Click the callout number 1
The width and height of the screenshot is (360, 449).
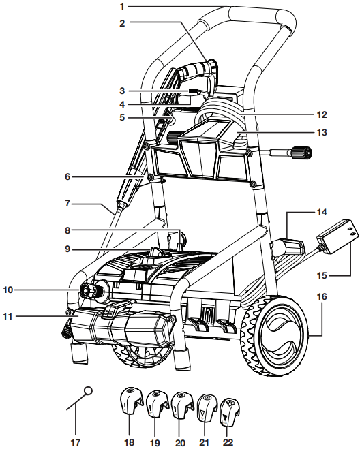(123, 6)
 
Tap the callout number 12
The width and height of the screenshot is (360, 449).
(322, 114)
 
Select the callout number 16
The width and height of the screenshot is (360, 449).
(322, 296)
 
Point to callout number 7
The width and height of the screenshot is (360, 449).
(67, 204)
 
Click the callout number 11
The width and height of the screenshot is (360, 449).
(8, 316)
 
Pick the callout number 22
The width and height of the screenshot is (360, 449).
(228, 442)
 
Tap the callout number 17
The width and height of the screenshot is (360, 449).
(76, 442)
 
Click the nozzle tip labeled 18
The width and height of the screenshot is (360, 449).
(131, 401)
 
